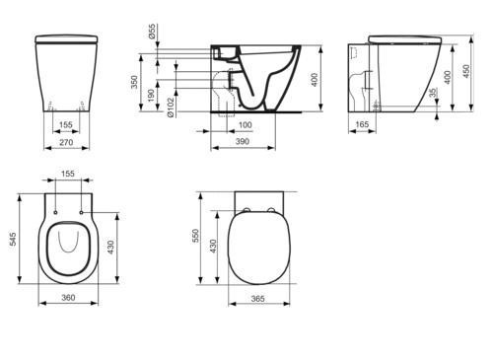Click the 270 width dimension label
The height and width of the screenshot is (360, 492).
coord(67,142)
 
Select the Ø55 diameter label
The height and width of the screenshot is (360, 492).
coord(152,32)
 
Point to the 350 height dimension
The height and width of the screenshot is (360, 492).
coord(134,82)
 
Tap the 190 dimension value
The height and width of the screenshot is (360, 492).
coord(151,96)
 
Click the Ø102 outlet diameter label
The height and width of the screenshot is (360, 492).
coord(171,107)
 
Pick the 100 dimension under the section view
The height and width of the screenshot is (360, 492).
coord(246,125)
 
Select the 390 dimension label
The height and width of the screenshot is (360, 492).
coord(243,141)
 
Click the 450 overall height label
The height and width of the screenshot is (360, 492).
coord(466,71)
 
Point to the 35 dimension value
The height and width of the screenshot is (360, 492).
coord(434,93)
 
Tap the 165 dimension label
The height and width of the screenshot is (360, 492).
coord(362,124)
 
